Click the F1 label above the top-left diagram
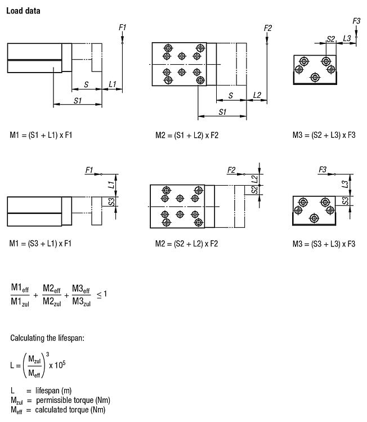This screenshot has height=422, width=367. pyautogui.click(x=123, y=28)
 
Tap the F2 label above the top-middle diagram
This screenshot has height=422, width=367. pyautogui.click(x=267, y=28)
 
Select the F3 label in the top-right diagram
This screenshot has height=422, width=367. pyautogui.click(x=356, y=21)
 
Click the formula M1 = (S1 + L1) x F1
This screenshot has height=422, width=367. pyautogui.click(x=41, y=135)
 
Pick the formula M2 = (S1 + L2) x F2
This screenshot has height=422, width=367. pyautogui.click(x=186, y=135)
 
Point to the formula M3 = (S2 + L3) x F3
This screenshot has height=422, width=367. pyautogui.click(x=324, y=135)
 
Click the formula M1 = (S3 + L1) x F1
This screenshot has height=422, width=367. pyautogui.click(x=41, y=244)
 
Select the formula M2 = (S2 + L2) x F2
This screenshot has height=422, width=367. pyautogui.click(x=186, y=244)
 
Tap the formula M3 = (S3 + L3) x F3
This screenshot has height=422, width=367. pyautogui.click(x=324, y=244)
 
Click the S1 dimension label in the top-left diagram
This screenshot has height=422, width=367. pyautogui.click(x=78, y=100)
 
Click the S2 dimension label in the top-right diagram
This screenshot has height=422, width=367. pyautogui.click(x=331, y=39)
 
